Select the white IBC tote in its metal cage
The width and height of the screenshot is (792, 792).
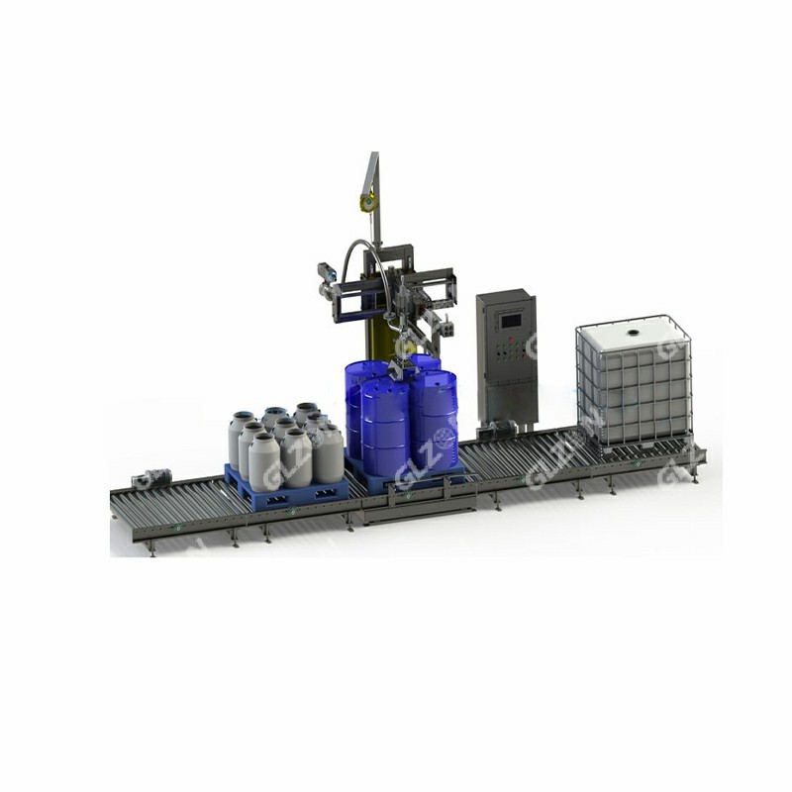[634, 381]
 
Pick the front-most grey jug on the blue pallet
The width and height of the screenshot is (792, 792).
[264, 461]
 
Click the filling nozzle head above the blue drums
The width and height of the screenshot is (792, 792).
[402, 366]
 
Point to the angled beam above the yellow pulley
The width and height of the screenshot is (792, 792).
[372, 168]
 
